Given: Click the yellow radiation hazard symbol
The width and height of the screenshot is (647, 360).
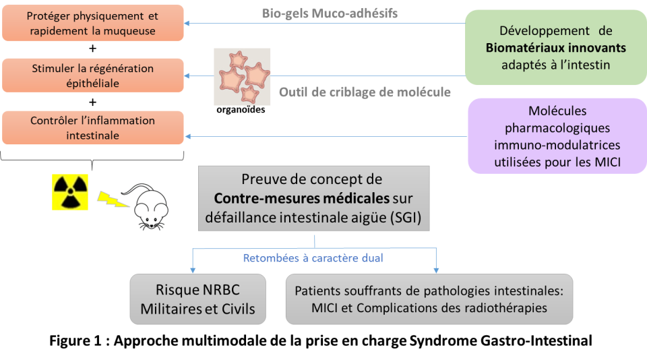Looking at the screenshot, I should coord(71,191).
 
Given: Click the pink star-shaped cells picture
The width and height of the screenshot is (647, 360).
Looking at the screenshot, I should coord(242,77).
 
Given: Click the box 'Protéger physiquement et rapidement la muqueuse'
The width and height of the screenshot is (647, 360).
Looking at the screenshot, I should coord(93,22).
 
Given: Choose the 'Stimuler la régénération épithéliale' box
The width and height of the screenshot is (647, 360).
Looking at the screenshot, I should coord(93,76).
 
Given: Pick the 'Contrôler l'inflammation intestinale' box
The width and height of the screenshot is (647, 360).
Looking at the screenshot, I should coord(93,128).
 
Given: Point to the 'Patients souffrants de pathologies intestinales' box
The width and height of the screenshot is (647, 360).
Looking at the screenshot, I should coord(429,299).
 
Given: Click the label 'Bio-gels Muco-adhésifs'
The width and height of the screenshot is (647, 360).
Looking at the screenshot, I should coord(330,13).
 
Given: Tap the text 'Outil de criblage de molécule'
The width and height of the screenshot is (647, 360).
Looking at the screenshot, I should coord(365,92).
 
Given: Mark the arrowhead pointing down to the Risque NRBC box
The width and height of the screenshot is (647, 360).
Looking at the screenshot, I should coord(193,270).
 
